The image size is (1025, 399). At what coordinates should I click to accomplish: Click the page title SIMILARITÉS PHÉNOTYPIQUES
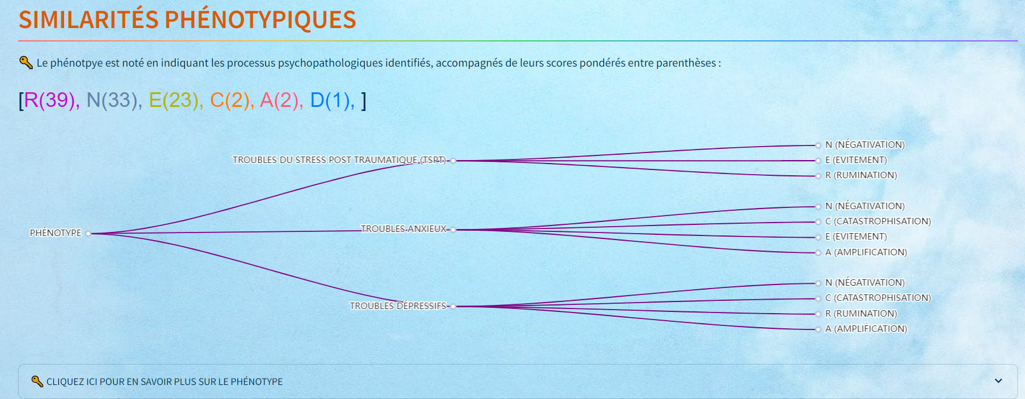tap(187, 20)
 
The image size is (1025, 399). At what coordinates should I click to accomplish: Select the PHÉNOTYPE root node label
tap(55, 233)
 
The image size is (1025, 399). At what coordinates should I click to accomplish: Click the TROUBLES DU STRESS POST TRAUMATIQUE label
tap(339, 159)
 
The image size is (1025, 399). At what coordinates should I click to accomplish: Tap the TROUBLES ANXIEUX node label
tap(403, 228)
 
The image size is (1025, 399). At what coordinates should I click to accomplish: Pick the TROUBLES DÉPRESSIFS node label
tap(398, 306)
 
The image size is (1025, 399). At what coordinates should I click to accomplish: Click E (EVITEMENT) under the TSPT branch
tap(856, 159)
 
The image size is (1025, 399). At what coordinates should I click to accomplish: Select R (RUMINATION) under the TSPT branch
tap(861, 175)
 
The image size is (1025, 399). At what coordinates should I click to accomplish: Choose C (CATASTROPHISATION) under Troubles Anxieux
tap(878, 221)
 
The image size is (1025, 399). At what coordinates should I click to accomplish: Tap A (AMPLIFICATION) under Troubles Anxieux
tap(866, 252)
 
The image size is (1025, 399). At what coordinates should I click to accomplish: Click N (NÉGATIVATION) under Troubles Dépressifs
tap(865, 282)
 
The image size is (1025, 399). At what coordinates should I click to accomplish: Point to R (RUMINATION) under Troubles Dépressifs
tap(861, 313)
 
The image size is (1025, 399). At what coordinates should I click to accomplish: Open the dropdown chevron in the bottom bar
tap(998, 381)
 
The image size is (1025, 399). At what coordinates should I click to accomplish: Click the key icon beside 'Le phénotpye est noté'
tap(26, 62)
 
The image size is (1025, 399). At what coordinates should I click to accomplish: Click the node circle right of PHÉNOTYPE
tap(88, 234)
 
